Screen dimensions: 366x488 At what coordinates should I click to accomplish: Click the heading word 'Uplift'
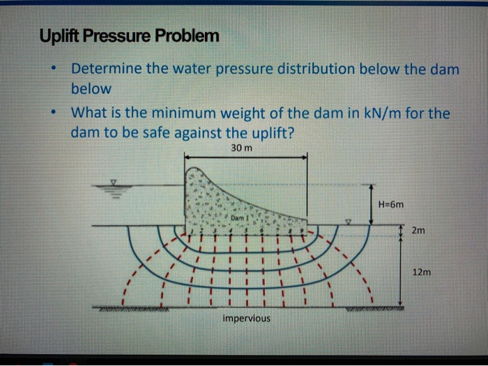[61, 35]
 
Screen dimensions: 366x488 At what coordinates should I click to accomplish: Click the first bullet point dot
[54, 70]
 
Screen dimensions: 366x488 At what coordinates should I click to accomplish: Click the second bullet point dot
[54, 112]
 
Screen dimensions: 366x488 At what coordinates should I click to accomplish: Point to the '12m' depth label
[420, 273]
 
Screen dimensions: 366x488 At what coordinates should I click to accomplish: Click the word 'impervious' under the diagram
[246, 319]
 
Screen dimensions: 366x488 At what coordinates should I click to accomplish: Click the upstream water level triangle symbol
[115, 183]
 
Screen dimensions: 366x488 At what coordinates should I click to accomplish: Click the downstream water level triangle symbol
[350, 222]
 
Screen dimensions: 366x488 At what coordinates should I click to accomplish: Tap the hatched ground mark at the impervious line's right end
[384, 307]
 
